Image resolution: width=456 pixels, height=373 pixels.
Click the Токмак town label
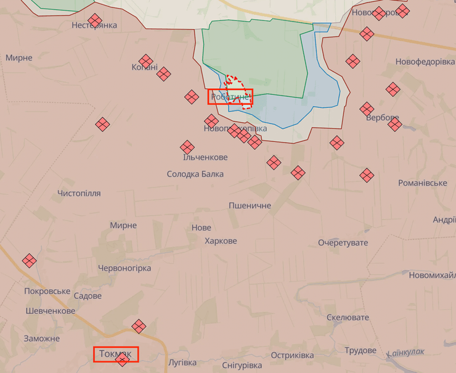(115, 354)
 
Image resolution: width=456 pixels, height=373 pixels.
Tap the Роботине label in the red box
(230, 97)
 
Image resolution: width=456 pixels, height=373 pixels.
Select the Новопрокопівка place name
(235, 128)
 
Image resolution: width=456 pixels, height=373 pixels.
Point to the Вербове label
(382, 118)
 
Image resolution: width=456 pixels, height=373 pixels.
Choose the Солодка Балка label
(195, 174)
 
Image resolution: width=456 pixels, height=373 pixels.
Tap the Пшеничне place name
(250, 205)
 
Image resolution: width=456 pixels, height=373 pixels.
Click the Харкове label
(221, 240)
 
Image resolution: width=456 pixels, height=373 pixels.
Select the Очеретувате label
(343, 242)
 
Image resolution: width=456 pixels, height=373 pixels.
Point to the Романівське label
(422, 183)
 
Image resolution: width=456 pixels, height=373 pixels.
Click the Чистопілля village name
(79, 193)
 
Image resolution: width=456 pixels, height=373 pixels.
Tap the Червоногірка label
(124, 268)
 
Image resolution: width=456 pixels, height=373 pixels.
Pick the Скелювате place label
(348, 318)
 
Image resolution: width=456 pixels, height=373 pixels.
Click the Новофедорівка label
(416, 62)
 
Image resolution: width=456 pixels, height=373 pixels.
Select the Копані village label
(144, 67)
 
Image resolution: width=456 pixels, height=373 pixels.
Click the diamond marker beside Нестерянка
(95, 20)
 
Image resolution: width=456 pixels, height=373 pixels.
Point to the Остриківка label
(292, 356)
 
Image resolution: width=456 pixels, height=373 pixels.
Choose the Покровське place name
(47, 291)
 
